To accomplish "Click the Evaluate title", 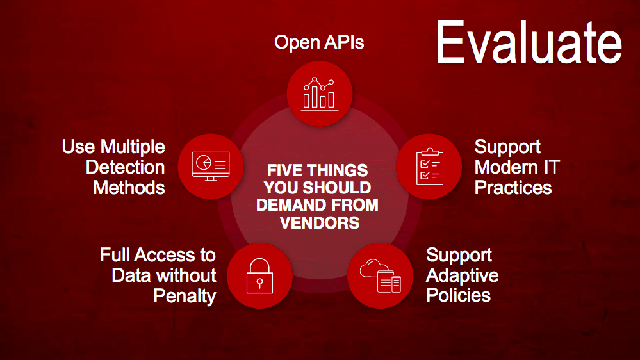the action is (529, 42).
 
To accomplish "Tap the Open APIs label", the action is (319, 42).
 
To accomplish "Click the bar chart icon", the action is (320, 94).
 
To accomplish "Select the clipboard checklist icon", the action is (430, 167).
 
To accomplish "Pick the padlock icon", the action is (259, 276).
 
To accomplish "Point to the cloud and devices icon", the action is (381, 276).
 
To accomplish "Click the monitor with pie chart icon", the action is (211, 166).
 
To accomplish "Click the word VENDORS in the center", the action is (320, 223).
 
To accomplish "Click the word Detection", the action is (126, 167).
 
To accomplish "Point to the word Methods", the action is (129, 188).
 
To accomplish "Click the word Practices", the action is (513, 188).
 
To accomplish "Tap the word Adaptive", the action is (462, 276).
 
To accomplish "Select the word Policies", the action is (458, 295).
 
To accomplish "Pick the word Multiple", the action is (133, 147).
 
